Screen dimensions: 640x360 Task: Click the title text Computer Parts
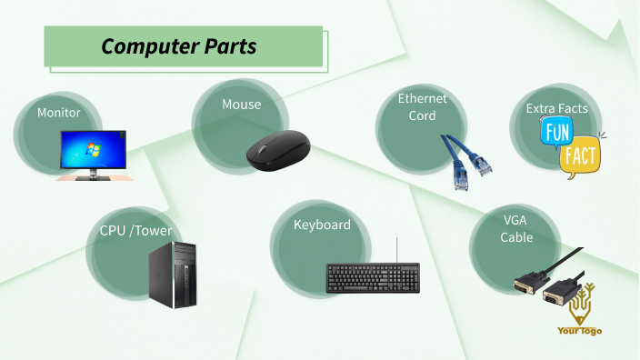(x=178, y=46)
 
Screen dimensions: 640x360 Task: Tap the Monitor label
(x=59, y=113)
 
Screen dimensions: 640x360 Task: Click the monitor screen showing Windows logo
(x=94, y=148)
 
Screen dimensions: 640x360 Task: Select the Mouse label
(x=241, y=105)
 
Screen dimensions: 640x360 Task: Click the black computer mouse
(x=277, y=148)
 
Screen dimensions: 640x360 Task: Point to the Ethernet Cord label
(x=422, y=107)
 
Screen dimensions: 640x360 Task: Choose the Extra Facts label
(x=556, y=108)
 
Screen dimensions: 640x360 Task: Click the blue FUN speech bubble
(x=555, y=134)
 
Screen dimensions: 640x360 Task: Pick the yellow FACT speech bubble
(x=580, y=157)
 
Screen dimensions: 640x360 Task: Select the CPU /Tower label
(x=135, y=230)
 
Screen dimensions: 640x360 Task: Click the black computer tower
(x=173, y=274)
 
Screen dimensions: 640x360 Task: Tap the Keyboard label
(x=322, y=225)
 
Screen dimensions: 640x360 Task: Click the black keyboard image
(x=374, y=278)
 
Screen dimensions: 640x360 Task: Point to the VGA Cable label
(x=516, y=228)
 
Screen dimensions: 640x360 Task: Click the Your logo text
(x=580, y=331)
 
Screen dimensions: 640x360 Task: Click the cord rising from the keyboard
(x=397, y=249)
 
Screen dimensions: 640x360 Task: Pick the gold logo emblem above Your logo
(x=580, y=305)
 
